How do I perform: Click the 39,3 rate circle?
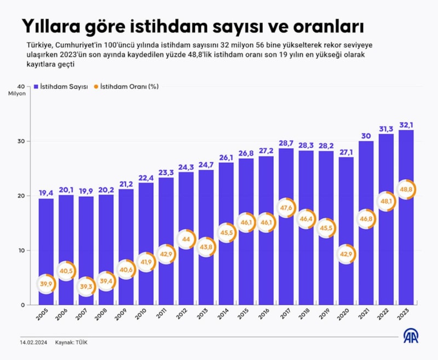(86, 287)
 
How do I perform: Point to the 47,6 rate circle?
(286, 208)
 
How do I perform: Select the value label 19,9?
(86, 191)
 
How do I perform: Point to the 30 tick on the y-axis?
(20, 141)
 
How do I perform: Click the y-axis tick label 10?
(20, 251)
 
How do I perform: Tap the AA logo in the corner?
(412, 336)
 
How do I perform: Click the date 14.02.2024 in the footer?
(33, 342)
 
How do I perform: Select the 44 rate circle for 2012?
(186, 239)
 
